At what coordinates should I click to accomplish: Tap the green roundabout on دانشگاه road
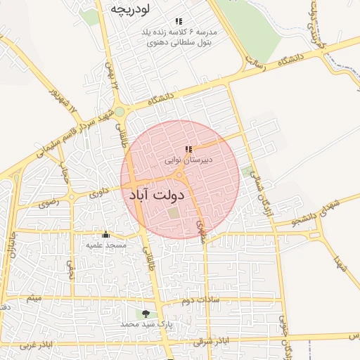(120, 112)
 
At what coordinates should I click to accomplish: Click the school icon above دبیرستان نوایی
(188, 149)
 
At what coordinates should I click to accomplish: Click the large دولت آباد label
(157, 195)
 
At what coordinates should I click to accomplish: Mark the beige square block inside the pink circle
(173, 213)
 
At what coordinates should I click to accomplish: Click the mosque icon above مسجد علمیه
(106, 234)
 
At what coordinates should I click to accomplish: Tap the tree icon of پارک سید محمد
(146, 314)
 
